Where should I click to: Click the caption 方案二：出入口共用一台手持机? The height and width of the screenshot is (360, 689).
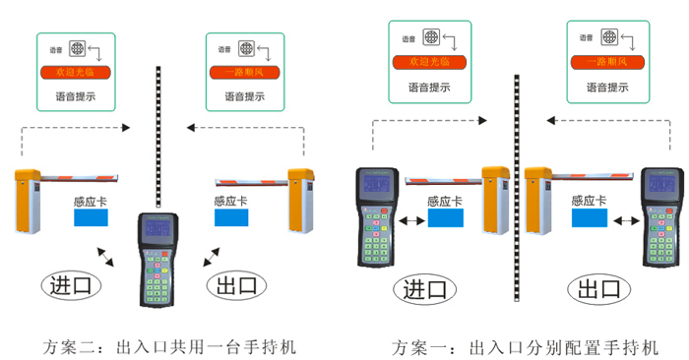pyautogui.click(x=169, y=347)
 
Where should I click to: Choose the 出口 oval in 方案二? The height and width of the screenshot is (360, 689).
pyautogui.click(x=234, y=286)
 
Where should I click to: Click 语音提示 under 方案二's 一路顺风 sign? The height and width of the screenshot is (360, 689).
pyautogui.click(x=244, y=96)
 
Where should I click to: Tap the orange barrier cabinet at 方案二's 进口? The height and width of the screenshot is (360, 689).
pyautogui.click(x=29, y=200)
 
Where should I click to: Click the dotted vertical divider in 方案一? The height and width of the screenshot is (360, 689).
pyautogui.click(x=516, y=187)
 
